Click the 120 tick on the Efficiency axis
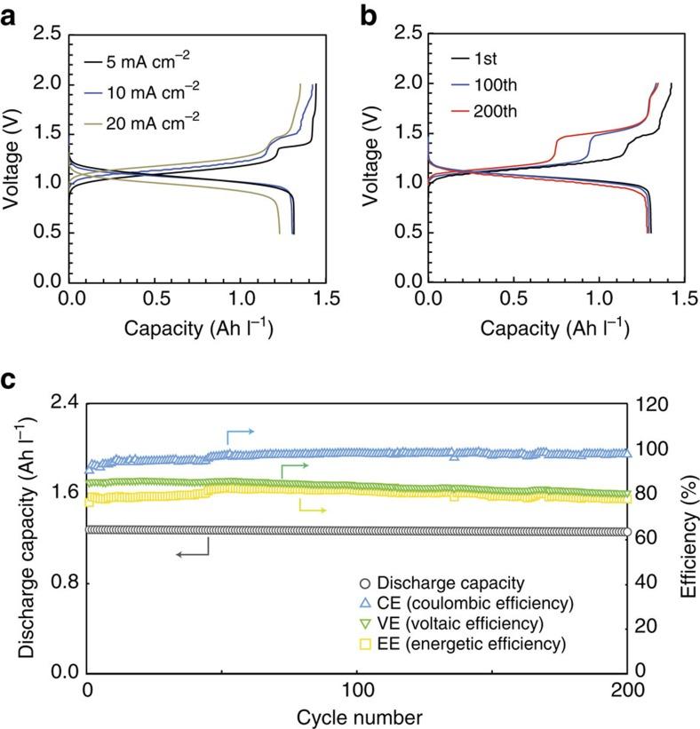pyautogui.click(x=654, y=404)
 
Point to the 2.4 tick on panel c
pyautogui.click(x=60, y=404)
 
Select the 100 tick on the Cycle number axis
pyautogui.click(x=357, y=692)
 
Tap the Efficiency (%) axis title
pyautogui.click(x=687, y=537)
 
